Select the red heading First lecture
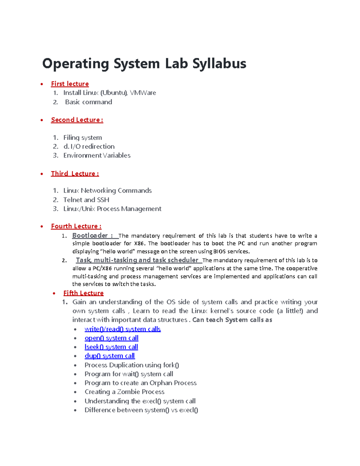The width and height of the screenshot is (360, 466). tap(70, 84)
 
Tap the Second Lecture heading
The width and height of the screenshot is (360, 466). tap(77, 120)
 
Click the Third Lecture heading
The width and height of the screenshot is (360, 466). tap(75, 173)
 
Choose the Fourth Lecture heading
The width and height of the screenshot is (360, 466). tap(76, 226)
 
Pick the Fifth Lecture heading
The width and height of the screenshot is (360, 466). tap(83, 293)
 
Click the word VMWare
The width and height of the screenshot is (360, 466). tap(143, 93)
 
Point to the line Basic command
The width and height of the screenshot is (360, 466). tap(88, 102)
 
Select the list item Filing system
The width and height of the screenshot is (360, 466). tap(82, 137)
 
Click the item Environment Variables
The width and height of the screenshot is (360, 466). tap(97, 155)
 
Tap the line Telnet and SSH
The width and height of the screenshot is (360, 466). tap(86, 200)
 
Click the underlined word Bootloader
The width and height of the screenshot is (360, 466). tap(90, 236)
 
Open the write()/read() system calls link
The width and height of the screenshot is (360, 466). tap(123, 329)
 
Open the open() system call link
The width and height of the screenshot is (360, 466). tap(111, 338)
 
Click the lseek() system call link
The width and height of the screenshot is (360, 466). tap(111, 347)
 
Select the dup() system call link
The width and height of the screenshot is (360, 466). tap(109, 356)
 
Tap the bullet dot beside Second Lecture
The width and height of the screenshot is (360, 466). tap(42, 120)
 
